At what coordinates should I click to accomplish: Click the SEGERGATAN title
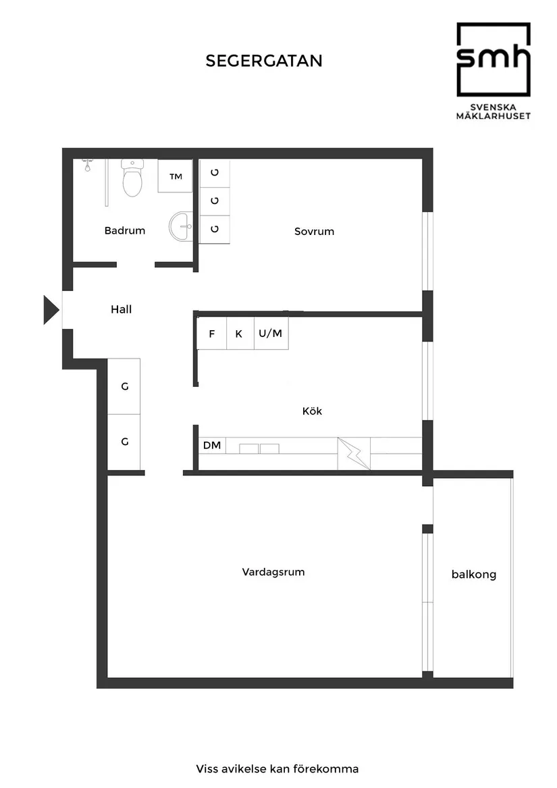click(264, 61)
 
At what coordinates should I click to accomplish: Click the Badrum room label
click(125, 231)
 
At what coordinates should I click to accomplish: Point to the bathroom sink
click(181, 226)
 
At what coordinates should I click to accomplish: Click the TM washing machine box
click(176, 177)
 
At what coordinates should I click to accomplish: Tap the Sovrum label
click(314, 232)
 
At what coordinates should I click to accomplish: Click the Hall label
click(122, 310)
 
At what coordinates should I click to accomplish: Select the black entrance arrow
click(51, 310)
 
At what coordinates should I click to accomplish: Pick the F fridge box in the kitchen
click(212, 334)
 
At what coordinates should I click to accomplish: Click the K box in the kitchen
click(239, 334)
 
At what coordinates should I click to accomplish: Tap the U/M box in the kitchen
click(271, 334)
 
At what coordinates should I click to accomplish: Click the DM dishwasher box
click(212, 446)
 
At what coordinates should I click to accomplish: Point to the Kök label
click(312, 411)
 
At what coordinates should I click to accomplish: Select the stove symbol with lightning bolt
click(354, 452)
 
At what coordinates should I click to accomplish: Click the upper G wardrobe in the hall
click(124, 387)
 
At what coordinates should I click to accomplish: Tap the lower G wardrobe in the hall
click(124, 442)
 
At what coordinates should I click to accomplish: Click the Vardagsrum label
click(273, 572)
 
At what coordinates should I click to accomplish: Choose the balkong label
click(474, 575)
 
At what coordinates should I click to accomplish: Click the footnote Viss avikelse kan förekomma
click(277, 769)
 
